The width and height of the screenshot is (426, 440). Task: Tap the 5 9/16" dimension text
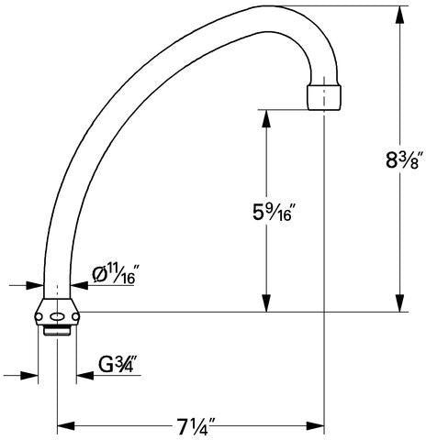click(273, 212)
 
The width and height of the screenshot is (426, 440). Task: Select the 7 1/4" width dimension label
click(193, 426)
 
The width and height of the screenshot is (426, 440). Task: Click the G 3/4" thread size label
click(117, 364)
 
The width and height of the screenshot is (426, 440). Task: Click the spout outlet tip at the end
click(324, 98)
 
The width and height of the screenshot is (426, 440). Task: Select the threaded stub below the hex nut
click(57, 331)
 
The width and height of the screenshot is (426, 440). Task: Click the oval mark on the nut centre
click(57, 317)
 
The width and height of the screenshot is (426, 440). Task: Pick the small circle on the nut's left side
click(39, 317)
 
